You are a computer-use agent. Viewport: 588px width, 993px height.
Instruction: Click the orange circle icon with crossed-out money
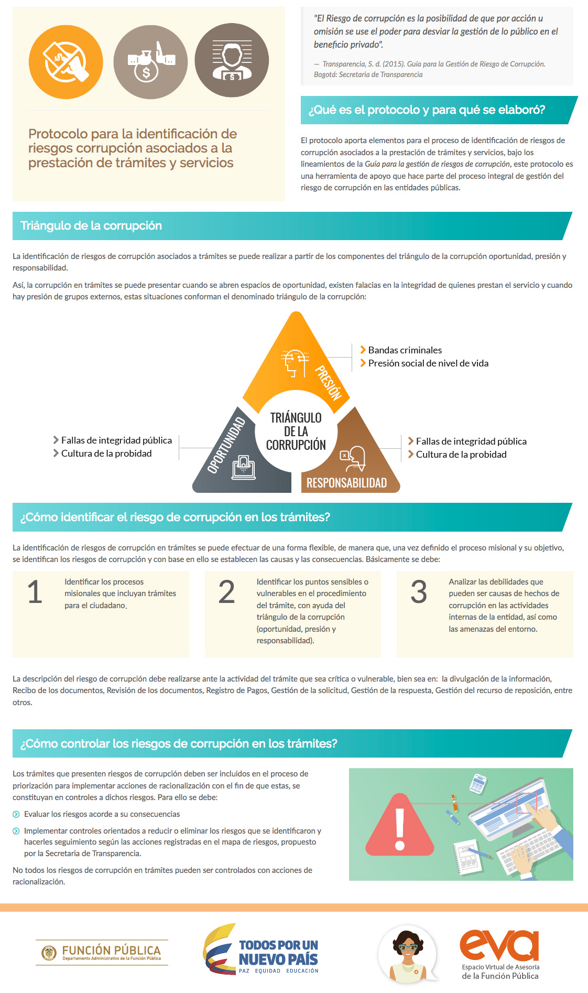pos(66,62)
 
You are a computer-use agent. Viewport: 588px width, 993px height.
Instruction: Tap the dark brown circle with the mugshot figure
pos(232,60)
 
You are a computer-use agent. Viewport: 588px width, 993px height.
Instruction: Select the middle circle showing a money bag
pos(150,62)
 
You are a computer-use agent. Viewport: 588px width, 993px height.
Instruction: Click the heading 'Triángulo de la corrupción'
pos(91,226)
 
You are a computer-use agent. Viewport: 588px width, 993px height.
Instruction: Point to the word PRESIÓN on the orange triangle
pos(328,382)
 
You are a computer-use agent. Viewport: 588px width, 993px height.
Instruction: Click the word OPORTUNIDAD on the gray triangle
pos(226,445)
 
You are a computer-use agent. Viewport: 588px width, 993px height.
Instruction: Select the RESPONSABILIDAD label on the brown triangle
pos(346,483)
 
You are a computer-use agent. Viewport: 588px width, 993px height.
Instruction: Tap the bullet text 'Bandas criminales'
pos(405,350)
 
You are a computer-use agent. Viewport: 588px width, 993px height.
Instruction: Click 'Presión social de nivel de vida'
pos(428,363)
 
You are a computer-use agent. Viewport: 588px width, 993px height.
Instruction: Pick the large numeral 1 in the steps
pos(35,592)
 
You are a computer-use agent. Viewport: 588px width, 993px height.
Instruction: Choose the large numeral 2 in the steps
pos(226,592)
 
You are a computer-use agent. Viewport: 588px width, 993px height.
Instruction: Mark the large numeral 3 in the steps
pos(419,592)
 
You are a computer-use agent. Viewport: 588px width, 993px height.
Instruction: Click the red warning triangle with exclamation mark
pos(400,825)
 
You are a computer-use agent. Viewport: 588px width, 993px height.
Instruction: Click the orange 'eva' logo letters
pos(499,945)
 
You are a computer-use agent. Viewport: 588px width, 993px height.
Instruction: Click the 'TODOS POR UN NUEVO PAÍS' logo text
pos(278,952)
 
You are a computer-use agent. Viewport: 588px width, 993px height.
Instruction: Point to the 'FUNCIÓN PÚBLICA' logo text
pos(111,951)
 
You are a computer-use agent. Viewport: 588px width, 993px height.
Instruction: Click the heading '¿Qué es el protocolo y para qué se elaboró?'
pos(427,110)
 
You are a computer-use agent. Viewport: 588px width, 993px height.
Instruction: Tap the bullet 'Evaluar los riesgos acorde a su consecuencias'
pos(102,814)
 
